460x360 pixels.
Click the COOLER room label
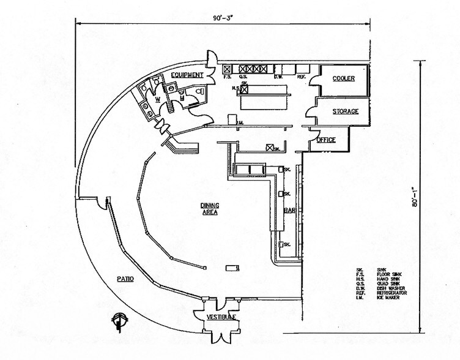pyautogui.click(x=343, y=80)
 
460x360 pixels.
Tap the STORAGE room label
pyautogui.click(x=344, y=111)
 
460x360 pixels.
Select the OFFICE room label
pyautogui.click(x=326, y=140)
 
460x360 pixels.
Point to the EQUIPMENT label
pyautogui.click(x=187, y=75)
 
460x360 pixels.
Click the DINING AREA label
pyautogui.click(x=210, y=208)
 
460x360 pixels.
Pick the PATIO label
pyautogui.click(x=126, y=279)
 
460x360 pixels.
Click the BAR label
pyautogui.click(x=290, y=211)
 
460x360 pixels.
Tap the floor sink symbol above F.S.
pyautogui.click(x=227, y=69)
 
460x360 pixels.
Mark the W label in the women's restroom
pyautogui.click(x=157, y=98)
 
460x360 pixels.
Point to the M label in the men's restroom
pyautogui.click(x=182, y=97)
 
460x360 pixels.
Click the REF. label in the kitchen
pyautogui.click(x=301, y=77)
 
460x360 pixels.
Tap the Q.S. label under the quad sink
pyautogui.click(x=243, y=77)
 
